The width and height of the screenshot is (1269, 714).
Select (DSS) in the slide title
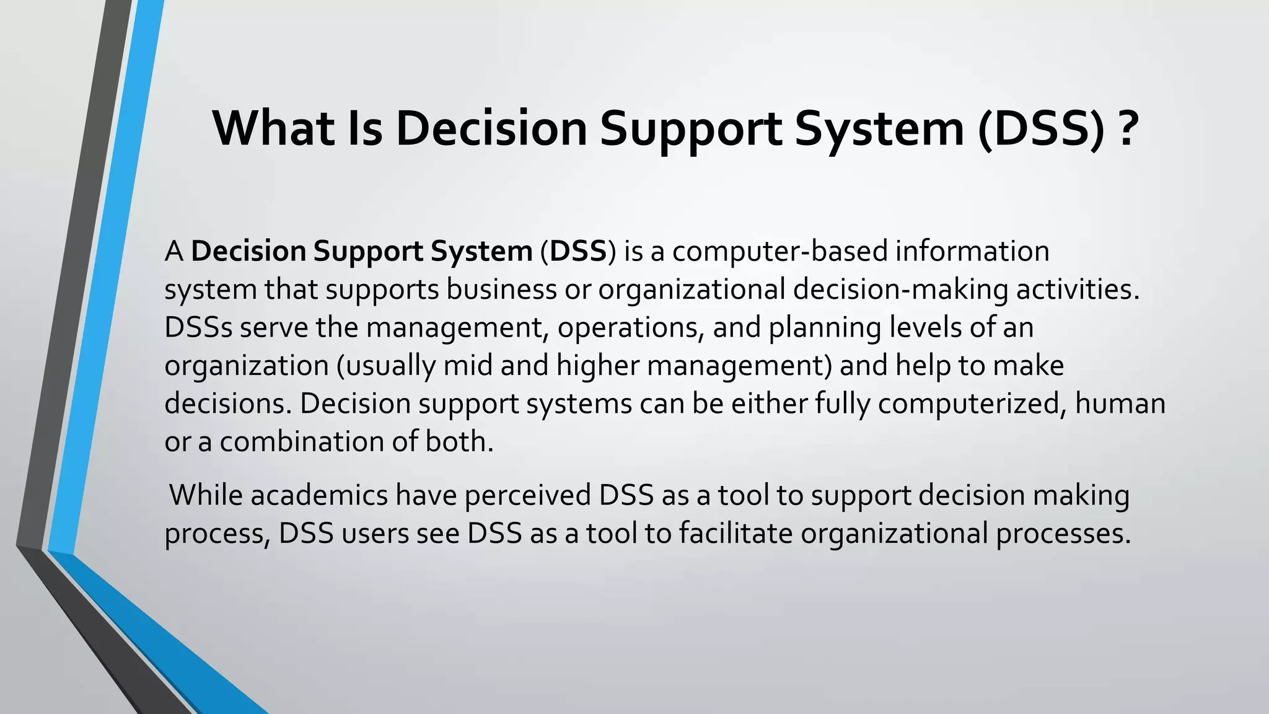pos(1041,128)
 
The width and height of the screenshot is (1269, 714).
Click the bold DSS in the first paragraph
pos(577,251)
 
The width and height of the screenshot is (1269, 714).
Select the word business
pos(501,289)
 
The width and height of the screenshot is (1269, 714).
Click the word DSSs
pos(198,327)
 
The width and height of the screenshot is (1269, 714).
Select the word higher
pos(597,366)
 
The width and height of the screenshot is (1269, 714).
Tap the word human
pos(1120,403)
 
